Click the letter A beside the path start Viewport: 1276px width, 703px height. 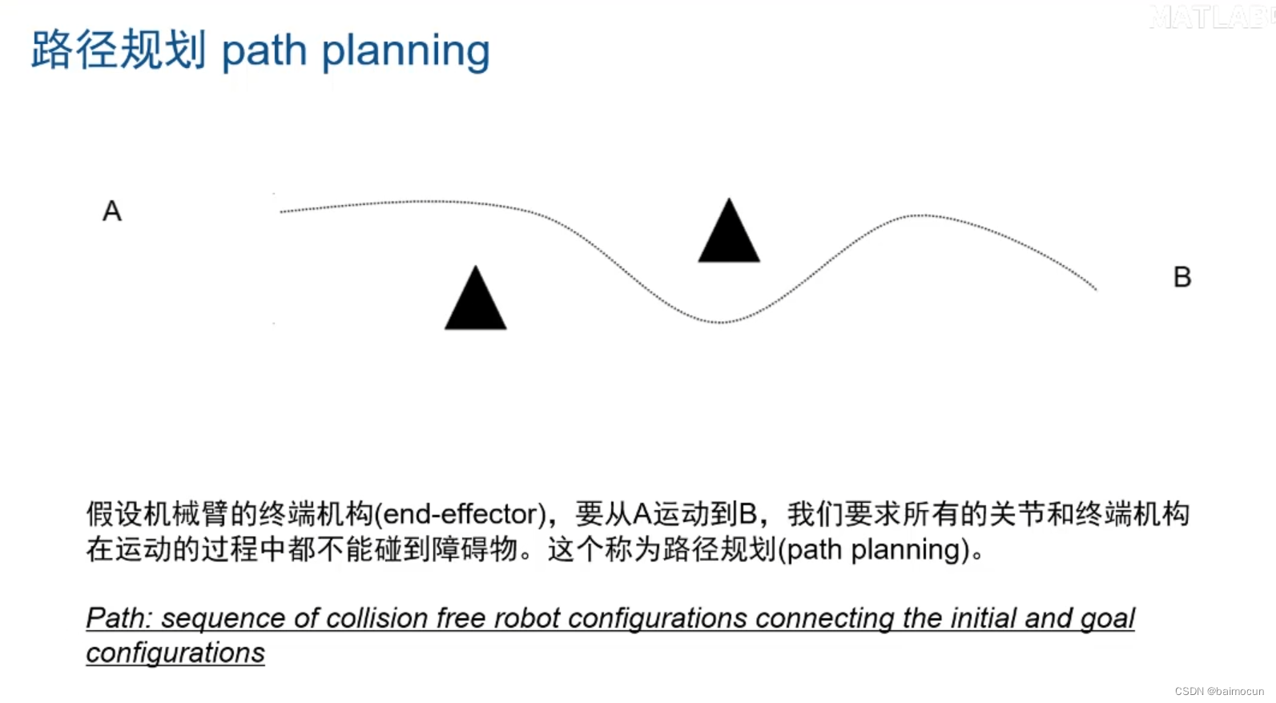(112, 211)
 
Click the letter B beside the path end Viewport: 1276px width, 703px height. (1182, 277)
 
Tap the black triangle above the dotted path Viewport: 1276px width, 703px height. (729, 234)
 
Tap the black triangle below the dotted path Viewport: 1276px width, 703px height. (476, 301)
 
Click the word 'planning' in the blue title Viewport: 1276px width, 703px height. (405, 51)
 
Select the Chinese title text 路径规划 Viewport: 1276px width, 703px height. (119, 50)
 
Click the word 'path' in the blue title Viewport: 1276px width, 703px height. (264, 51)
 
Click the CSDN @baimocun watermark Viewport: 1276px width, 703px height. (1219, 691)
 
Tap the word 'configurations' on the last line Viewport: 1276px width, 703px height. (175, 653)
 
